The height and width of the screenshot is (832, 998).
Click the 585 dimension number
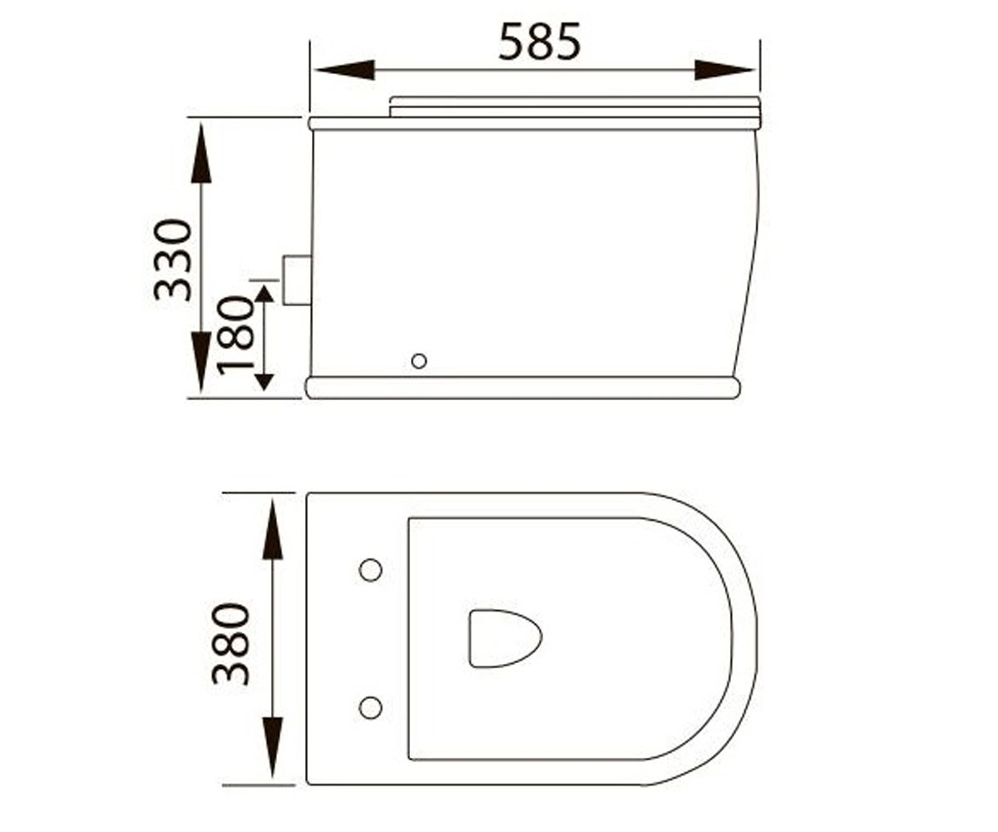(539, 42)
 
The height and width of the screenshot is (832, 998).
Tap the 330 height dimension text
(172, 260)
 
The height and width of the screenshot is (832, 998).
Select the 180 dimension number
(235, 335)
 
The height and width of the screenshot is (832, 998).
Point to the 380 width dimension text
(230, 645)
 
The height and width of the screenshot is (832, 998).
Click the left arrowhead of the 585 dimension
(344, 70)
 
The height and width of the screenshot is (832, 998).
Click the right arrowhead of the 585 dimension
(724, 70)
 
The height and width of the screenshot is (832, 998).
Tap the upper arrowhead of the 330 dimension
(200, 153)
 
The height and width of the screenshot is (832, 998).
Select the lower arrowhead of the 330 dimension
(200, 361)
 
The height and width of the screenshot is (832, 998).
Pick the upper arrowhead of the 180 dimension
(264, 293)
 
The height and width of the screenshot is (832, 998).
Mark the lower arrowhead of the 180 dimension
(264, 383)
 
